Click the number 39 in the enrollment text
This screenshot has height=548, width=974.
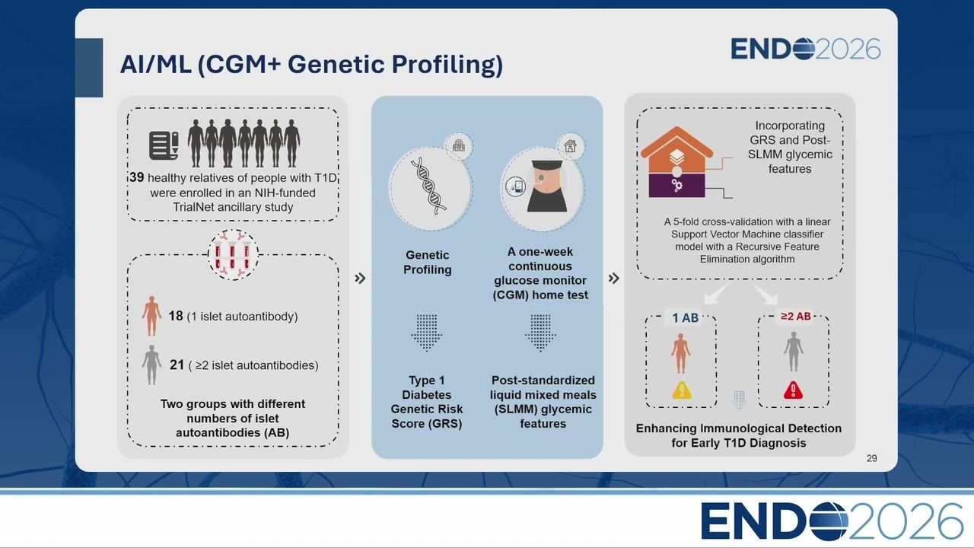(136, 177)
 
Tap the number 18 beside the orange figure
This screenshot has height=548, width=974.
(176, 316)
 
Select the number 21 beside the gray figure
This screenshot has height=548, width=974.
(177, 365)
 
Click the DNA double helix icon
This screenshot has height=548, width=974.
(428, 186)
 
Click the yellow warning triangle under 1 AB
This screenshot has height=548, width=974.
(681, 390)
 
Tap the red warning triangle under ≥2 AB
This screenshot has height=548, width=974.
(793, 390)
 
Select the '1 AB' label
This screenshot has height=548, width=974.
(686, 318)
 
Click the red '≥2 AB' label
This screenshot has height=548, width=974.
(796, 316)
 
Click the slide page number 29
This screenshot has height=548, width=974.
(871, 458)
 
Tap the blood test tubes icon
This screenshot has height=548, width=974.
(233, 254)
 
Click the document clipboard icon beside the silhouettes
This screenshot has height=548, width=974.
(164, 145)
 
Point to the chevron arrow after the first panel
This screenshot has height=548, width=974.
(360, 278)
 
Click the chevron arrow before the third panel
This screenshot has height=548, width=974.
(613, 278)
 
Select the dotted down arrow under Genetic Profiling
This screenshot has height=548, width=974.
(427, 333)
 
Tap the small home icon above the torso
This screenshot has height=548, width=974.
(570, 145)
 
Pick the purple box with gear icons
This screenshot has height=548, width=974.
(676, 186)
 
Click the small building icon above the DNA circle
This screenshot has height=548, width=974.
(458, 145)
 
